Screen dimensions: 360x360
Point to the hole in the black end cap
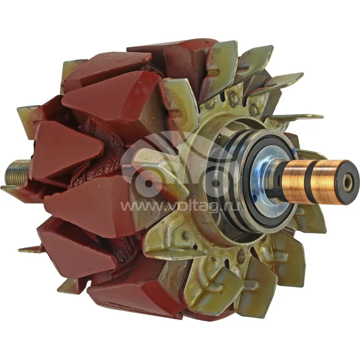tap(347, 183)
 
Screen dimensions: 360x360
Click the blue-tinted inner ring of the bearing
tap(262, 177)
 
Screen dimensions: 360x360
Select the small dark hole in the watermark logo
tap(148, 184)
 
